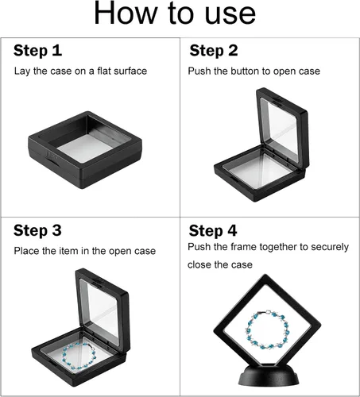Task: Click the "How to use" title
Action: [x=175, y=13]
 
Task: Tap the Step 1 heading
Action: [x=37, y=51]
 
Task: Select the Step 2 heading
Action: [x=214, y=51]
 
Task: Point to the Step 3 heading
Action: [x=37, y=230]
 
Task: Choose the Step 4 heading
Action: [x=213, y=231]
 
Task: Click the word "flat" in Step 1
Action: [x=103, y=71]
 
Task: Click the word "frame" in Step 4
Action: [x=243, y=247]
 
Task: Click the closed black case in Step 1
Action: [x=85, y=150]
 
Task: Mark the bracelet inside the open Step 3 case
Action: [x=79, y=356]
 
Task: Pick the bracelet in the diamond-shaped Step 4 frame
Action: [x=267, y=330]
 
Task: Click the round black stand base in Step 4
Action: [x=269, y=376]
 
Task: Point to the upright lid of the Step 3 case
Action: [x=103, y=308]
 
